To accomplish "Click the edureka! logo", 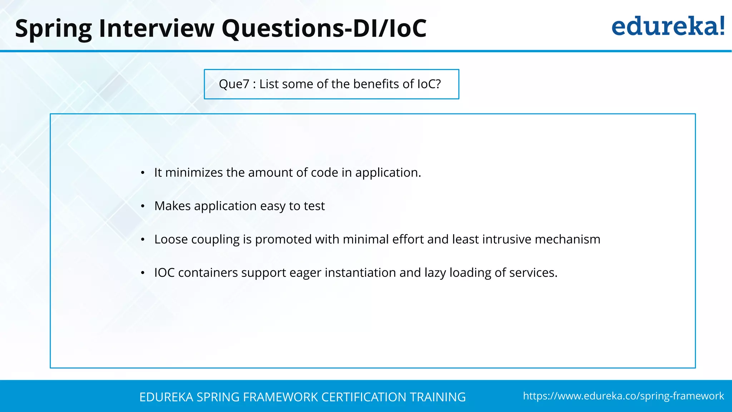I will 668,26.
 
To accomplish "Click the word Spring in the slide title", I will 54,29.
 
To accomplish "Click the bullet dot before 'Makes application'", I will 143,206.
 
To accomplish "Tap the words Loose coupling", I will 197,239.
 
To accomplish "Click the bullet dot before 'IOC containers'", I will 143,273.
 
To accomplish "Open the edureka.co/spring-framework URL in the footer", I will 623,396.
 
